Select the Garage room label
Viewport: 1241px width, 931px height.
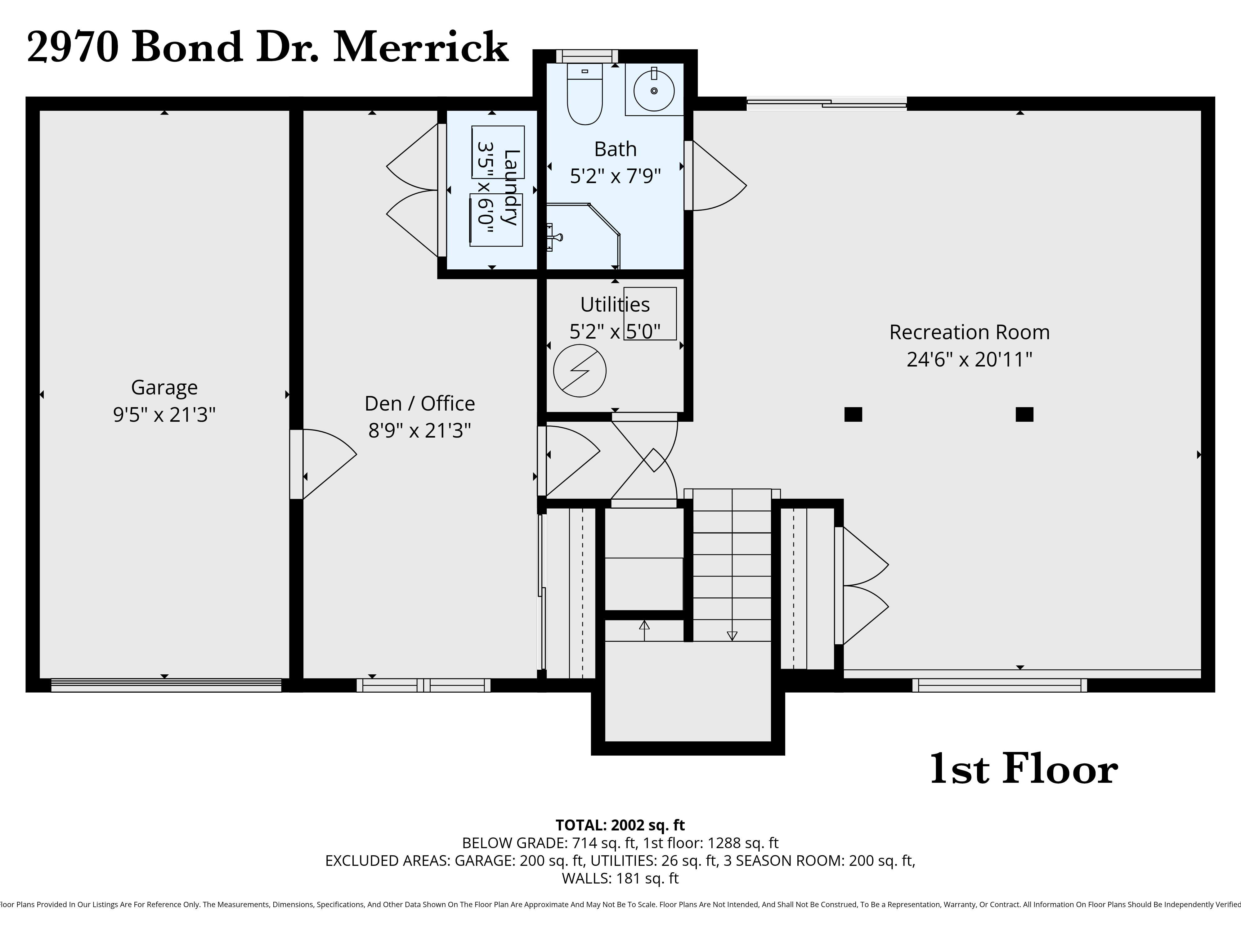pos(164,387)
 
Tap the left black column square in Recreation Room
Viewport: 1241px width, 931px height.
pos(853,414)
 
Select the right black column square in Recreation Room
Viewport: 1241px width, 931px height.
pos(1024,414)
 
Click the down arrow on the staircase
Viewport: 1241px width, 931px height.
pos(732,636)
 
